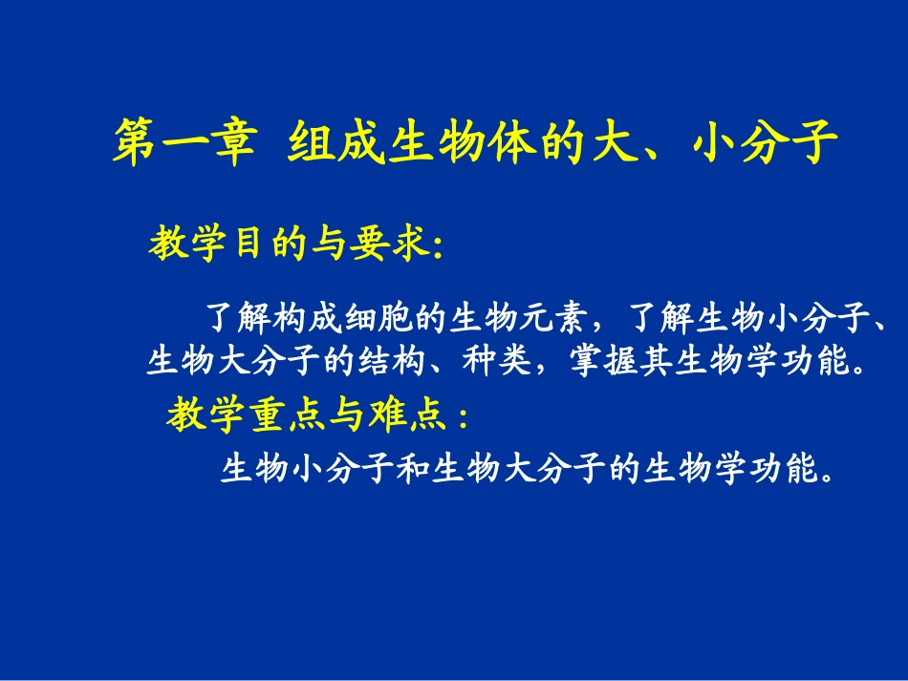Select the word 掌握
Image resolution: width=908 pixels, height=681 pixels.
pyautogui.click(x=596, y=362)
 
